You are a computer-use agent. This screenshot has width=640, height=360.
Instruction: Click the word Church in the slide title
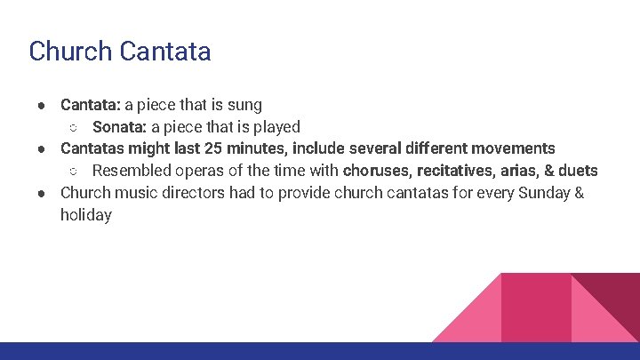(x=69, y=51)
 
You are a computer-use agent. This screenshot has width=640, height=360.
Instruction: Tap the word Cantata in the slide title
(x=164, y=51)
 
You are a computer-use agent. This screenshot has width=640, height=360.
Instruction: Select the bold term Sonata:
(x=119, y=127)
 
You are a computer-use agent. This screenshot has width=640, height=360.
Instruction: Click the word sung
(x=244, y=105)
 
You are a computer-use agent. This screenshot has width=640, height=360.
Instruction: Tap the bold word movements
(x=514, y=148)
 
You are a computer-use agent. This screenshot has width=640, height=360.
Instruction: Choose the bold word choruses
(x=376, y=171)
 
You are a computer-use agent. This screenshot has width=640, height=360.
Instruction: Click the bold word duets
(x=578, y=171)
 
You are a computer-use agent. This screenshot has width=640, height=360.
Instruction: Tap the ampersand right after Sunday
(x=579, y=193)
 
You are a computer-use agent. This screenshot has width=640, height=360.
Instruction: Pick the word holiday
(x=86, y=215)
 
